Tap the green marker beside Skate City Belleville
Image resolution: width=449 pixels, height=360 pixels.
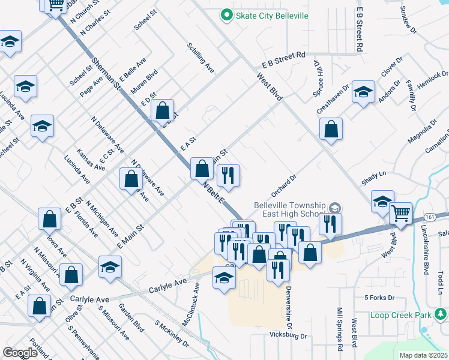[226, 15]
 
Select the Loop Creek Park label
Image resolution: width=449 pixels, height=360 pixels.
[401, 315]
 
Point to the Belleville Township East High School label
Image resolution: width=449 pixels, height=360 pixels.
[291, 209]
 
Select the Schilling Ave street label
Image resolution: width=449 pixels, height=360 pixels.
[200, 58]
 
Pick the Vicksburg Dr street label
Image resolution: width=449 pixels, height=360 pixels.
[288, 335]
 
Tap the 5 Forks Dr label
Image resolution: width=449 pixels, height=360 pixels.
[379, 297]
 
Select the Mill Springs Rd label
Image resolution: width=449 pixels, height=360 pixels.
[339, 329]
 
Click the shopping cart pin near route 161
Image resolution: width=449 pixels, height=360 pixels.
[400, 213]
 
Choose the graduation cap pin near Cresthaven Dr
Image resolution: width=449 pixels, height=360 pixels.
[363, 92]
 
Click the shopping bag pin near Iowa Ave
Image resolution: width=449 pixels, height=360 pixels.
[50, 219]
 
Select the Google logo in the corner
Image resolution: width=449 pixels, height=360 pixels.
[20, 353]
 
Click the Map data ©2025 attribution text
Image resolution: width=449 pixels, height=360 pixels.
[423, 355]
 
